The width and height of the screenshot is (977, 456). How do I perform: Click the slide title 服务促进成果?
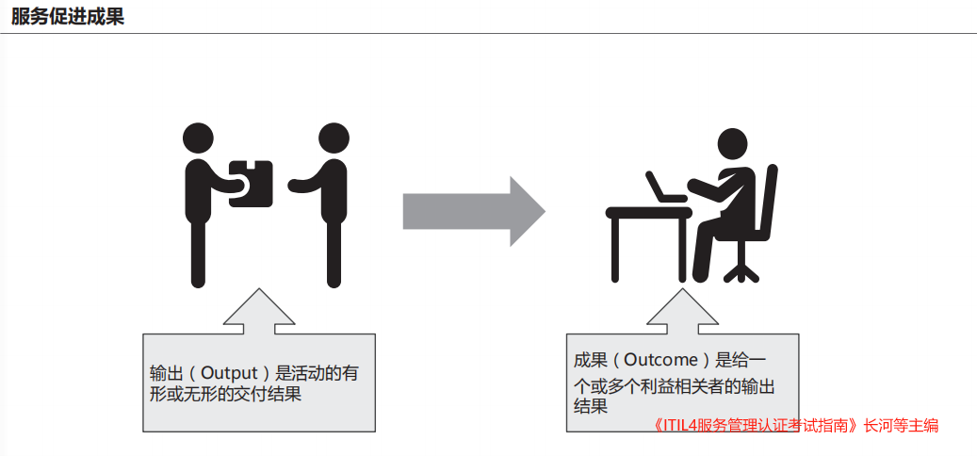67,17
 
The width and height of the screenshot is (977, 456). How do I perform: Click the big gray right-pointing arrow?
474,212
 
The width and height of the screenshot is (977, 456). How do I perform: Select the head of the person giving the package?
198,138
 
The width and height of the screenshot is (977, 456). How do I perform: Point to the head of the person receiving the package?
334,138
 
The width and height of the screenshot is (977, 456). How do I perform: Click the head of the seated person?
732,143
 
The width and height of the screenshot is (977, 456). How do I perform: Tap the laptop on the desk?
665,187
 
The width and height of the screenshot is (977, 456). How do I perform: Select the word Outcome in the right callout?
660,360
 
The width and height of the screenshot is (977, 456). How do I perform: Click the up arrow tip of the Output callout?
258,288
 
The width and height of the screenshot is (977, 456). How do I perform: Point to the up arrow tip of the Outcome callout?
682,288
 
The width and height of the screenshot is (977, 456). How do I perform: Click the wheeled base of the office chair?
741,272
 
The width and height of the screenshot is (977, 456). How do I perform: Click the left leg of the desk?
615,249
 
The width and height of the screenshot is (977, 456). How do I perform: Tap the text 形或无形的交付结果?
225,395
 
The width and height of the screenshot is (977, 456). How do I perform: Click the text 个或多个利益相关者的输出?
674,386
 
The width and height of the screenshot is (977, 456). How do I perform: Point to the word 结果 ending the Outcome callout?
590,407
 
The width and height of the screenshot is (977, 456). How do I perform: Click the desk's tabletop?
648,212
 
